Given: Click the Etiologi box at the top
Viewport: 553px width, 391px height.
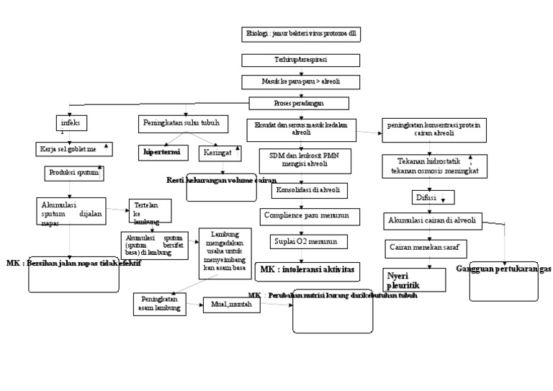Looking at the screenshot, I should coord(292,35).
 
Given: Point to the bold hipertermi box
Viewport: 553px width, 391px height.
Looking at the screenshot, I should coord(161,153).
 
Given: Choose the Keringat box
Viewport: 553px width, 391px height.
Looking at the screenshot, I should coord(215,153).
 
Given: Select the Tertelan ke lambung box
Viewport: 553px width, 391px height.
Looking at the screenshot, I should coord(150,212).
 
